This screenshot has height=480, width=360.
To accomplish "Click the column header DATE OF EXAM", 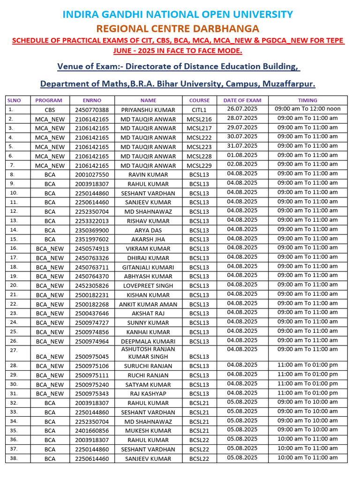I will (242, 100).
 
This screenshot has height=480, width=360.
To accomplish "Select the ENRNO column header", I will (92, 100).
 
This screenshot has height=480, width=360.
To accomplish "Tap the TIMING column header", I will (307, 100).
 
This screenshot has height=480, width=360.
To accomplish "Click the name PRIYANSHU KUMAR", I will (148, 110).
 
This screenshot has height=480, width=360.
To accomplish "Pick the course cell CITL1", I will (199, 110).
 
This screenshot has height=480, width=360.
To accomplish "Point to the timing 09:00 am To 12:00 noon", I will (307, 109).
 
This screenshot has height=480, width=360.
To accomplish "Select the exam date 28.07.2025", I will (242, 118).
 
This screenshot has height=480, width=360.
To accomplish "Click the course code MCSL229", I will (199, 165).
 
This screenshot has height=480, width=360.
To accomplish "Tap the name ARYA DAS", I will (148, 230).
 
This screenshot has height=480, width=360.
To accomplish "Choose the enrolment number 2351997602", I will (92, 240).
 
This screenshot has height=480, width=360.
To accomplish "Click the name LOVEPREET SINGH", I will (148, 286).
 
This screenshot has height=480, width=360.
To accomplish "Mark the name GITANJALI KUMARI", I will (148, 267).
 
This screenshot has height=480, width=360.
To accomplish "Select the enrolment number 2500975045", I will (92, 357).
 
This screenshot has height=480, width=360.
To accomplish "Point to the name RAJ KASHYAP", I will (148, 394).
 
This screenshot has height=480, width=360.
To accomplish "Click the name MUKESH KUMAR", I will (148, 431).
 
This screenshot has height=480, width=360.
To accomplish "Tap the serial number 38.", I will (13, 458).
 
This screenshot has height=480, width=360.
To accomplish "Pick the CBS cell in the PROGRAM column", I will (50, 110).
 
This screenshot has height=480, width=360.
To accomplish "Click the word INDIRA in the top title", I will (82, 15).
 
